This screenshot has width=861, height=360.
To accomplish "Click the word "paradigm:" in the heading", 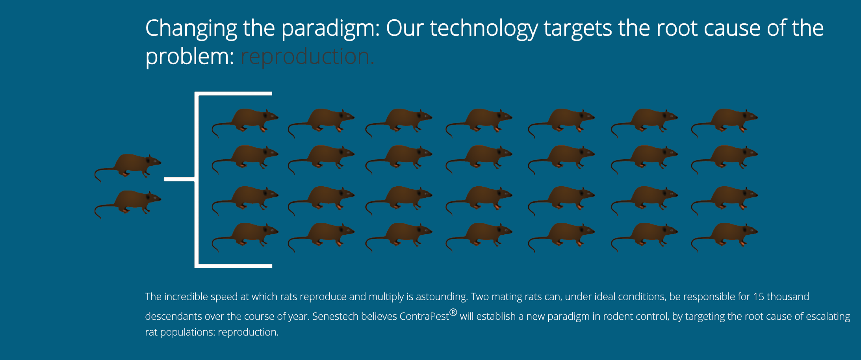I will [x=330, y=28].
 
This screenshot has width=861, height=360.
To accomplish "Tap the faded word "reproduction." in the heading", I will [x=307, y=57].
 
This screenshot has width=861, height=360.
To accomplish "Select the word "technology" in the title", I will [x=484, y=28].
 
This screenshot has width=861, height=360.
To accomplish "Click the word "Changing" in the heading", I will [x=191, y=28].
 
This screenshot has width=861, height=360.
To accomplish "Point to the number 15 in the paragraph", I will [x=758, y=297].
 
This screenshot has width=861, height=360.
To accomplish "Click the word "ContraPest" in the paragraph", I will [x=424, y=316].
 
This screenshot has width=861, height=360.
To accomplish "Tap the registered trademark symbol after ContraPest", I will [x=453, y=312].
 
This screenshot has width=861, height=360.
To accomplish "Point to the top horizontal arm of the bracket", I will [x=234, y=94].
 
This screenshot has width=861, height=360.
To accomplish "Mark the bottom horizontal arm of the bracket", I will [x=234, y=266].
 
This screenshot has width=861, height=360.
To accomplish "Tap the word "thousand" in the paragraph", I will [x=788, y=297].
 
